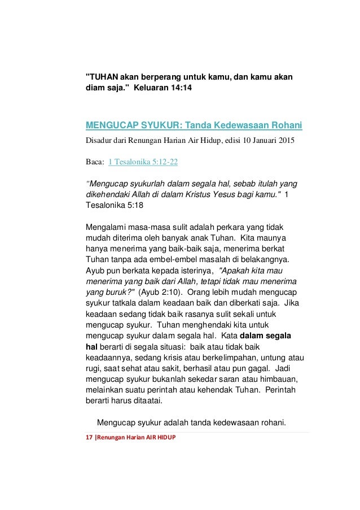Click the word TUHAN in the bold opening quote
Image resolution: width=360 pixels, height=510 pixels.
point(102,77)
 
